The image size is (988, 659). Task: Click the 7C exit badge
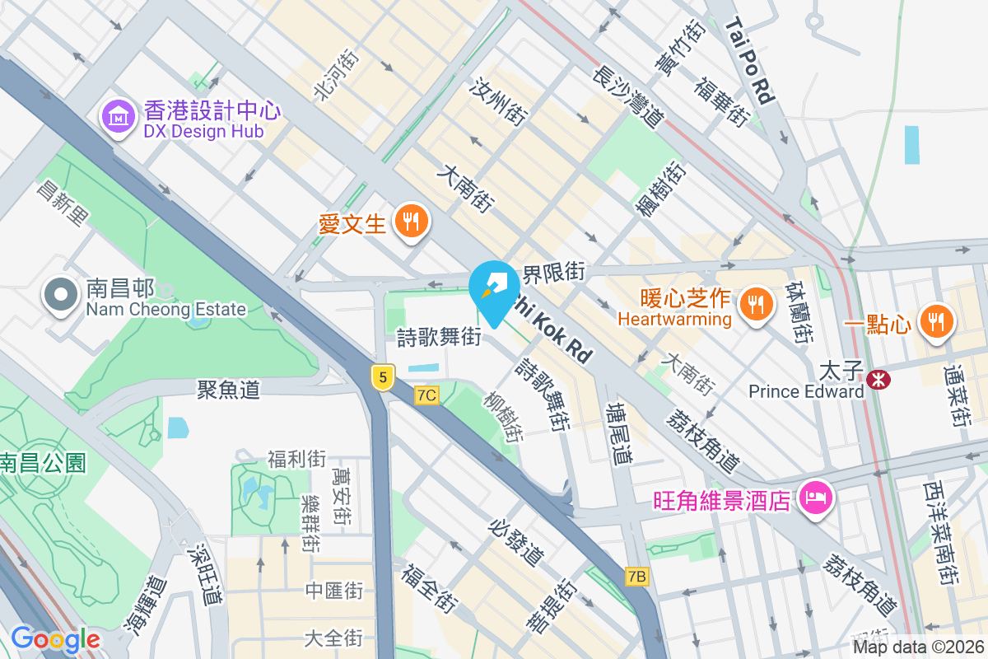coord(426,395)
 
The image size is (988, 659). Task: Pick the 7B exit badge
coord(636,577)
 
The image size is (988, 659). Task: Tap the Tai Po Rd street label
coord(750,62)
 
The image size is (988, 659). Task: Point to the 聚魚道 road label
coord(229,390)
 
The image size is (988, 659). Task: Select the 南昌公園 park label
coord(43,463)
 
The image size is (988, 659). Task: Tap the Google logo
coord(55,639)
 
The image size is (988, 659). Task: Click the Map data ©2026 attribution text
coord(918,647)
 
